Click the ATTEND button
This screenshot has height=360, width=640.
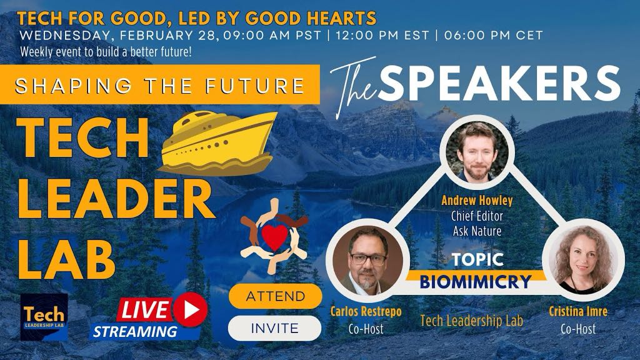pyautogui.click(x=275, y=296)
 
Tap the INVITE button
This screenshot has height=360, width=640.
pyautogui.click(x=275, y=328)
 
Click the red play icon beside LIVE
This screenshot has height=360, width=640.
pyautogui.click(x=190, y=310)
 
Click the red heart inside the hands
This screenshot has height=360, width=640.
pyautogui.click(x=274, y=237)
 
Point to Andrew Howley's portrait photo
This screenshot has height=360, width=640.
pyautogui.click(x=477, y=151)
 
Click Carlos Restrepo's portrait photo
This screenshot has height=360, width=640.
pyautogui.click(x=367, y=261)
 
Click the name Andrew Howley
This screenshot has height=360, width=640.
pyautogui.click(x=477, y=201)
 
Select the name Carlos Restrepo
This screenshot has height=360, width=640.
pyautogui.click(x=366, y=311)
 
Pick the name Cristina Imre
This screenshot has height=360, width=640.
pyautogui.click(x=578, y=311)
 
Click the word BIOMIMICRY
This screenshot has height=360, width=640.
pyautogui.click(x=476, y=282)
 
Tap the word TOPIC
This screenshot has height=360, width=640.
pyautogui.click(x=477, y=259)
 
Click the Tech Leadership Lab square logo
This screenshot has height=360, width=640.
pyautogui.click(x=44, y=317)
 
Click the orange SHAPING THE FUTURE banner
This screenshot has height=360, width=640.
pyautogui.click(x=159, y=84)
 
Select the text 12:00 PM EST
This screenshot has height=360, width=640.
pyautogui.click(x=382, y=35)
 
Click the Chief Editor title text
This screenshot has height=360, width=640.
pyautogui.click(x=477, y=216)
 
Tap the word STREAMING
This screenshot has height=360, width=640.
pyautogui.click(x=135, y=331)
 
